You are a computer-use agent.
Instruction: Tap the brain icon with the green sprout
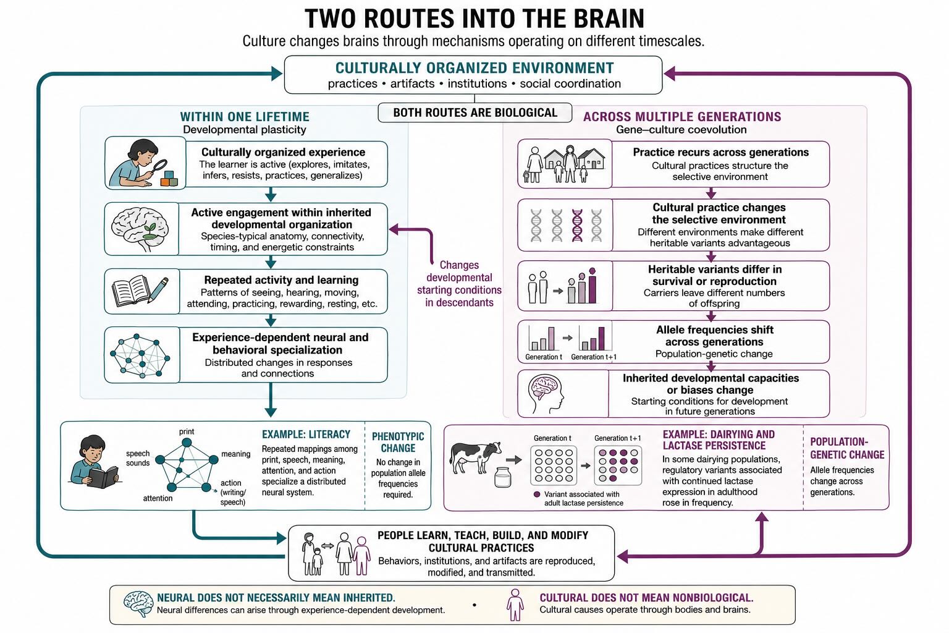click(140, 229)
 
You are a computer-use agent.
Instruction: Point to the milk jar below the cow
click(503, 477)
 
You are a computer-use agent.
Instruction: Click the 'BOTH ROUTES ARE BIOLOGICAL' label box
click(475, 113)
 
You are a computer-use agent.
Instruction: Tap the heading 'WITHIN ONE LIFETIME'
click(245, 117)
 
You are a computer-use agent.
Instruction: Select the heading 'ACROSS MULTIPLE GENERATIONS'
click(682, 117)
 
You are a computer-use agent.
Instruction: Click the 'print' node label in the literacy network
click(187, 431)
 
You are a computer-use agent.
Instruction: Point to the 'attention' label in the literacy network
click(158, 498)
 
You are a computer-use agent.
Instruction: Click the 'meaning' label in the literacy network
click(235, 454)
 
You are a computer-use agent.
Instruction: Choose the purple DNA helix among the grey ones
click(577, 225)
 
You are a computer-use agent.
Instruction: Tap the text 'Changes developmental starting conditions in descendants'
click(459, 284)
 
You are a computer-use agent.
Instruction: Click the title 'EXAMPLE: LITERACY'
click(306, 435)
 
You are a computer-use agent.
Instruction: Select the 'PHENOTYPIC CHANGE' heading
click(398, 442)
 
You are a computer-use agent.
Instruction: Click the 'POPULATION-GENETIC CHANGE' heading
click(847, 448)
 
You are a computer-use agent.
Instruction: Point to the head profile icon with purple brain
click(546, 394)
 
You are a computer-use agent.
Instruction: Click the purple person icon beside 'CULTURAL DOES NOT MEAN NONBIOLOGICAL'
click(515, 605)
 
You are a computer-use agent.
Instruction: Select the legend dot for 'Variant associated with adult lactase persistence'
click(537, 495)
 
